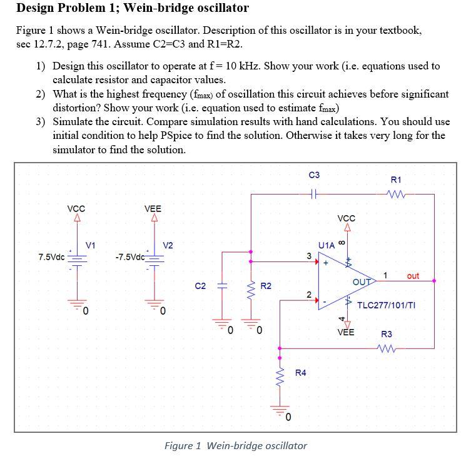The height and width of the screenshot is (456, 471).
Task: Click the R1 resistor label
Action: tap(395, 180)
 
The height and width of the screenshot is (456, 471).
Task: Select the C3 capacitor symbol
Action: tap(315, 194)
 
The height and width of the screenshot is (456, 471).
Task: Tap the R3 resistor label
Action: tap(387, 334)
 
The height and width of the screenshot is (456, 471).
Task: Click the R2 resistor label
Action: tap(266, 286)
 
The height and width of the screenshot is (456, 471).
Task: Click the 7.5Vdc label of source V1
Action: tap(51, 257)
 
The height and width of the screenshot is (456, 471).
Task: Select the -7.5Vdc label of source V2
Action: tap(130, 257)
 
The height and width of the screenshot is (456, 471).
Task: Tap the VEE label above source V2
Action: tap(153, 209)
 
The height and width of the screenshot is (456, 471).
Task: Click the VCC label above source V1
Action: tap(76, 209)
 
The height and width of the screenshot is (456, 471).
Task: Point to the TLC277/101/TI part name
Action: tap(386, 305)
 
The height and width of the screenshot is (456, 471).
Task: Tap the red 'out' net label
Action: tap(413, 275)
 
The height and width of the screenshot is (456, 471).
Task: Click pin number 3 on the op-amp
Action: tap(308, 256)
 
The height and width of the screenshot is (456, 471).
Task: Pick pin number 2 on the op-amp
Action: tap(308, 294)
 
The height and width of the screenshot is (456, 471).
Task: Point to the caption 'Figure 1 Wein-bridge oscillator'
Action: tap(235, 445)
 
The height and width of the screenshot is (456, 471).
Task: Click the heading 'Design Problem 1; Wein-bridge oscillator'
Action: tap(132, 8)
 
